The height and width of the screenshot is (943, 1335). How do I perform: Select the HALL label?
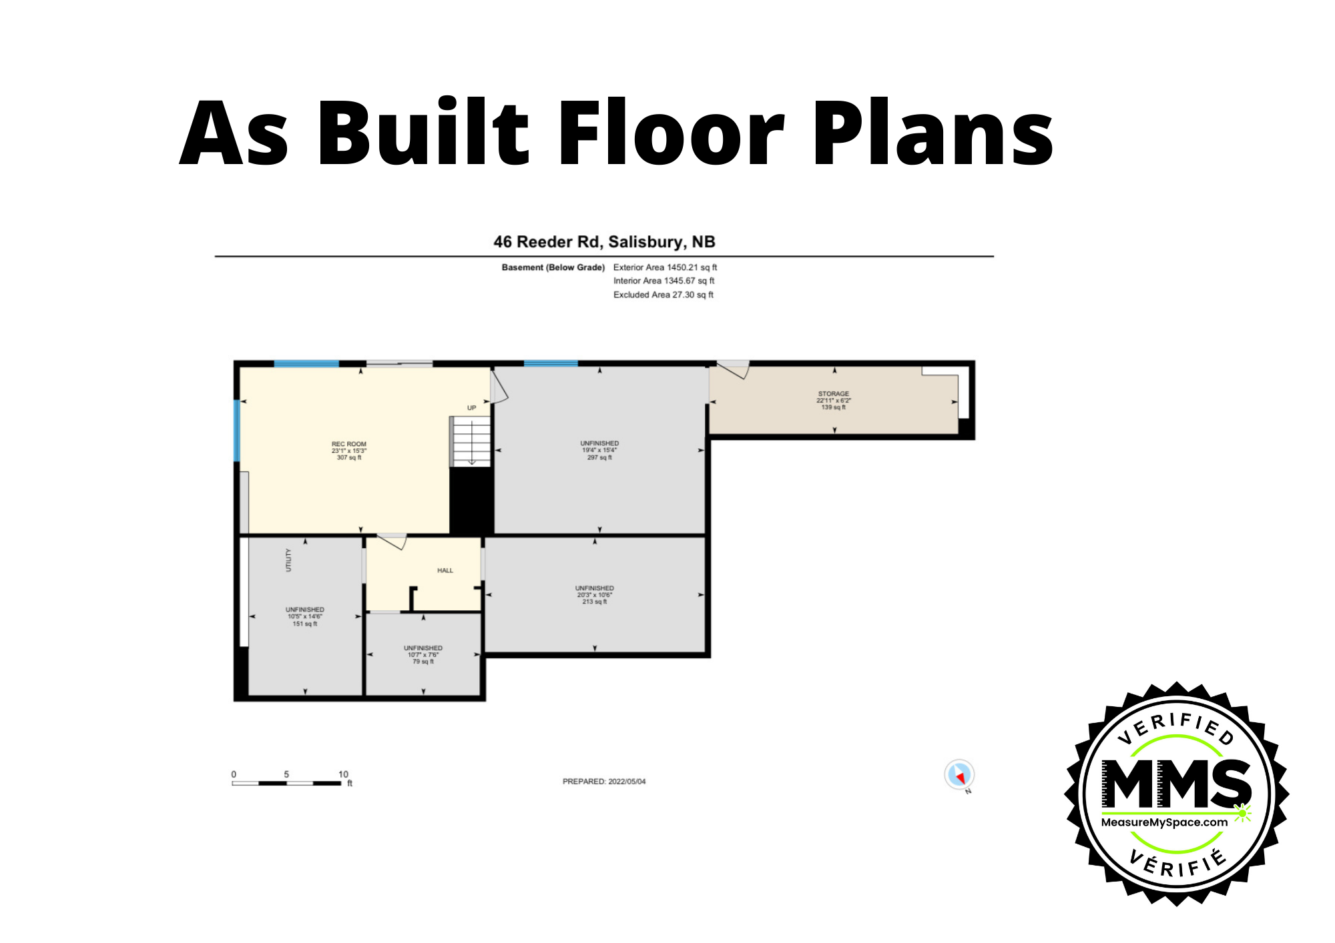pos(445,570)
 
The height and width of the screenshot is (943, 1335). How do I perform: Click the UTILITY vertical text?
pos(288,560)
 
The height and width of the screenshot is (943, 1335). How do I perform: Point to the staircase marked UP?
pos(471,441)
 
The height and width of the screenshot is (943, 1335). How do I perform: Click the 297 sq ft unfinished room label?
pos(599,450)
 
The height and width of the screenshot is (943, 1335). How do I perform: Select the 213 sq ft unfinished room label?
pos(594,595)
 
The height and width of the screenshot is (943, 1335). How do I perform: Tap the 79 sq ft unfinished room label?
pos(423,654)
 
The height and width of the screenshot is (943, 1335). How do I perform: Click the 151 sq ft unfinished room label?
pos(304,616)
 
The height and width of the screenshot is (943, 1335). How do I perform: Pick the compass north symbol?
pos(959,775)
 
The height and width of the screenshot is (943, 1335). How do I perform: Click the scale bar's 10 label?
pos(343,774)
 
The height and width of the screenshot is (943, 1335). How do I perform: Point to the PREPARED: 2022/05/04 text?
pos(603,781)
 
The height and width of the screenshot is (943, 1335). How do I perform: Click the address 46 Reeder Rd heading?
pos(603,241)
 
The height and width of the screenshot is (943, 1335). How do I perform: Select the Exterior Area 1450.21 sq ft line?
pos(664,267)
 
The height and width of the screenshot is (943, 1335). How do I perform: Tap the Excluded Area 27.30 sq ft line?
pos(663,295)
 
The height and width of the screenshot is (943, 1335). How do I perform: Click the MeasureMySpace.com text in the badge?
pos(1164,822)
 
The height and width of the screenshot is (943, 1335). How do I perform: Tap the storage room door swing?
pos(734,370)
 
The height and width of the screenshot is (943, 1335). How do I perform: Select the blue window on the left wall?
pos(236,430)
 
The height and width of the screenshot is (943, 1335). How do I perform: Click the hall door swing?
pos(392,541)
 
